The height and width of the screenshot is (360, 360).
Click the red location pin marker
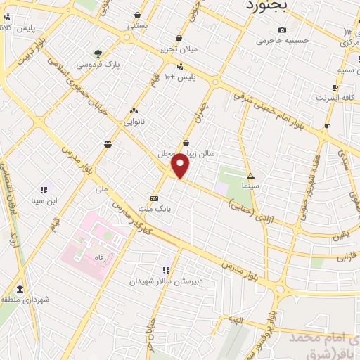[180, 167]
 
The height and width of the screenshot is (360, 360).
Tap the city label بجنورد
[269, 6]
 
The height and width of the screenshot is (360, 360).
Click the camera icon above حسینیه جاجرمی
[282, 30]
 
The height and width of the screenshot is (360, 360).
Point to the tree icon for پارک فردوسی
[98, 53]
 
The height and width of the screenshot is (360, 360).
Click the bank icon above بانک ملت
[154, 198]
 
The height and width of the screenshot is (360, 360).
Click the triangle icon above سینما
[250, 176]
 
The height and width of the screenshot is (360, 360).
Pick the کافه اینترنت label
[335, 98]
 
